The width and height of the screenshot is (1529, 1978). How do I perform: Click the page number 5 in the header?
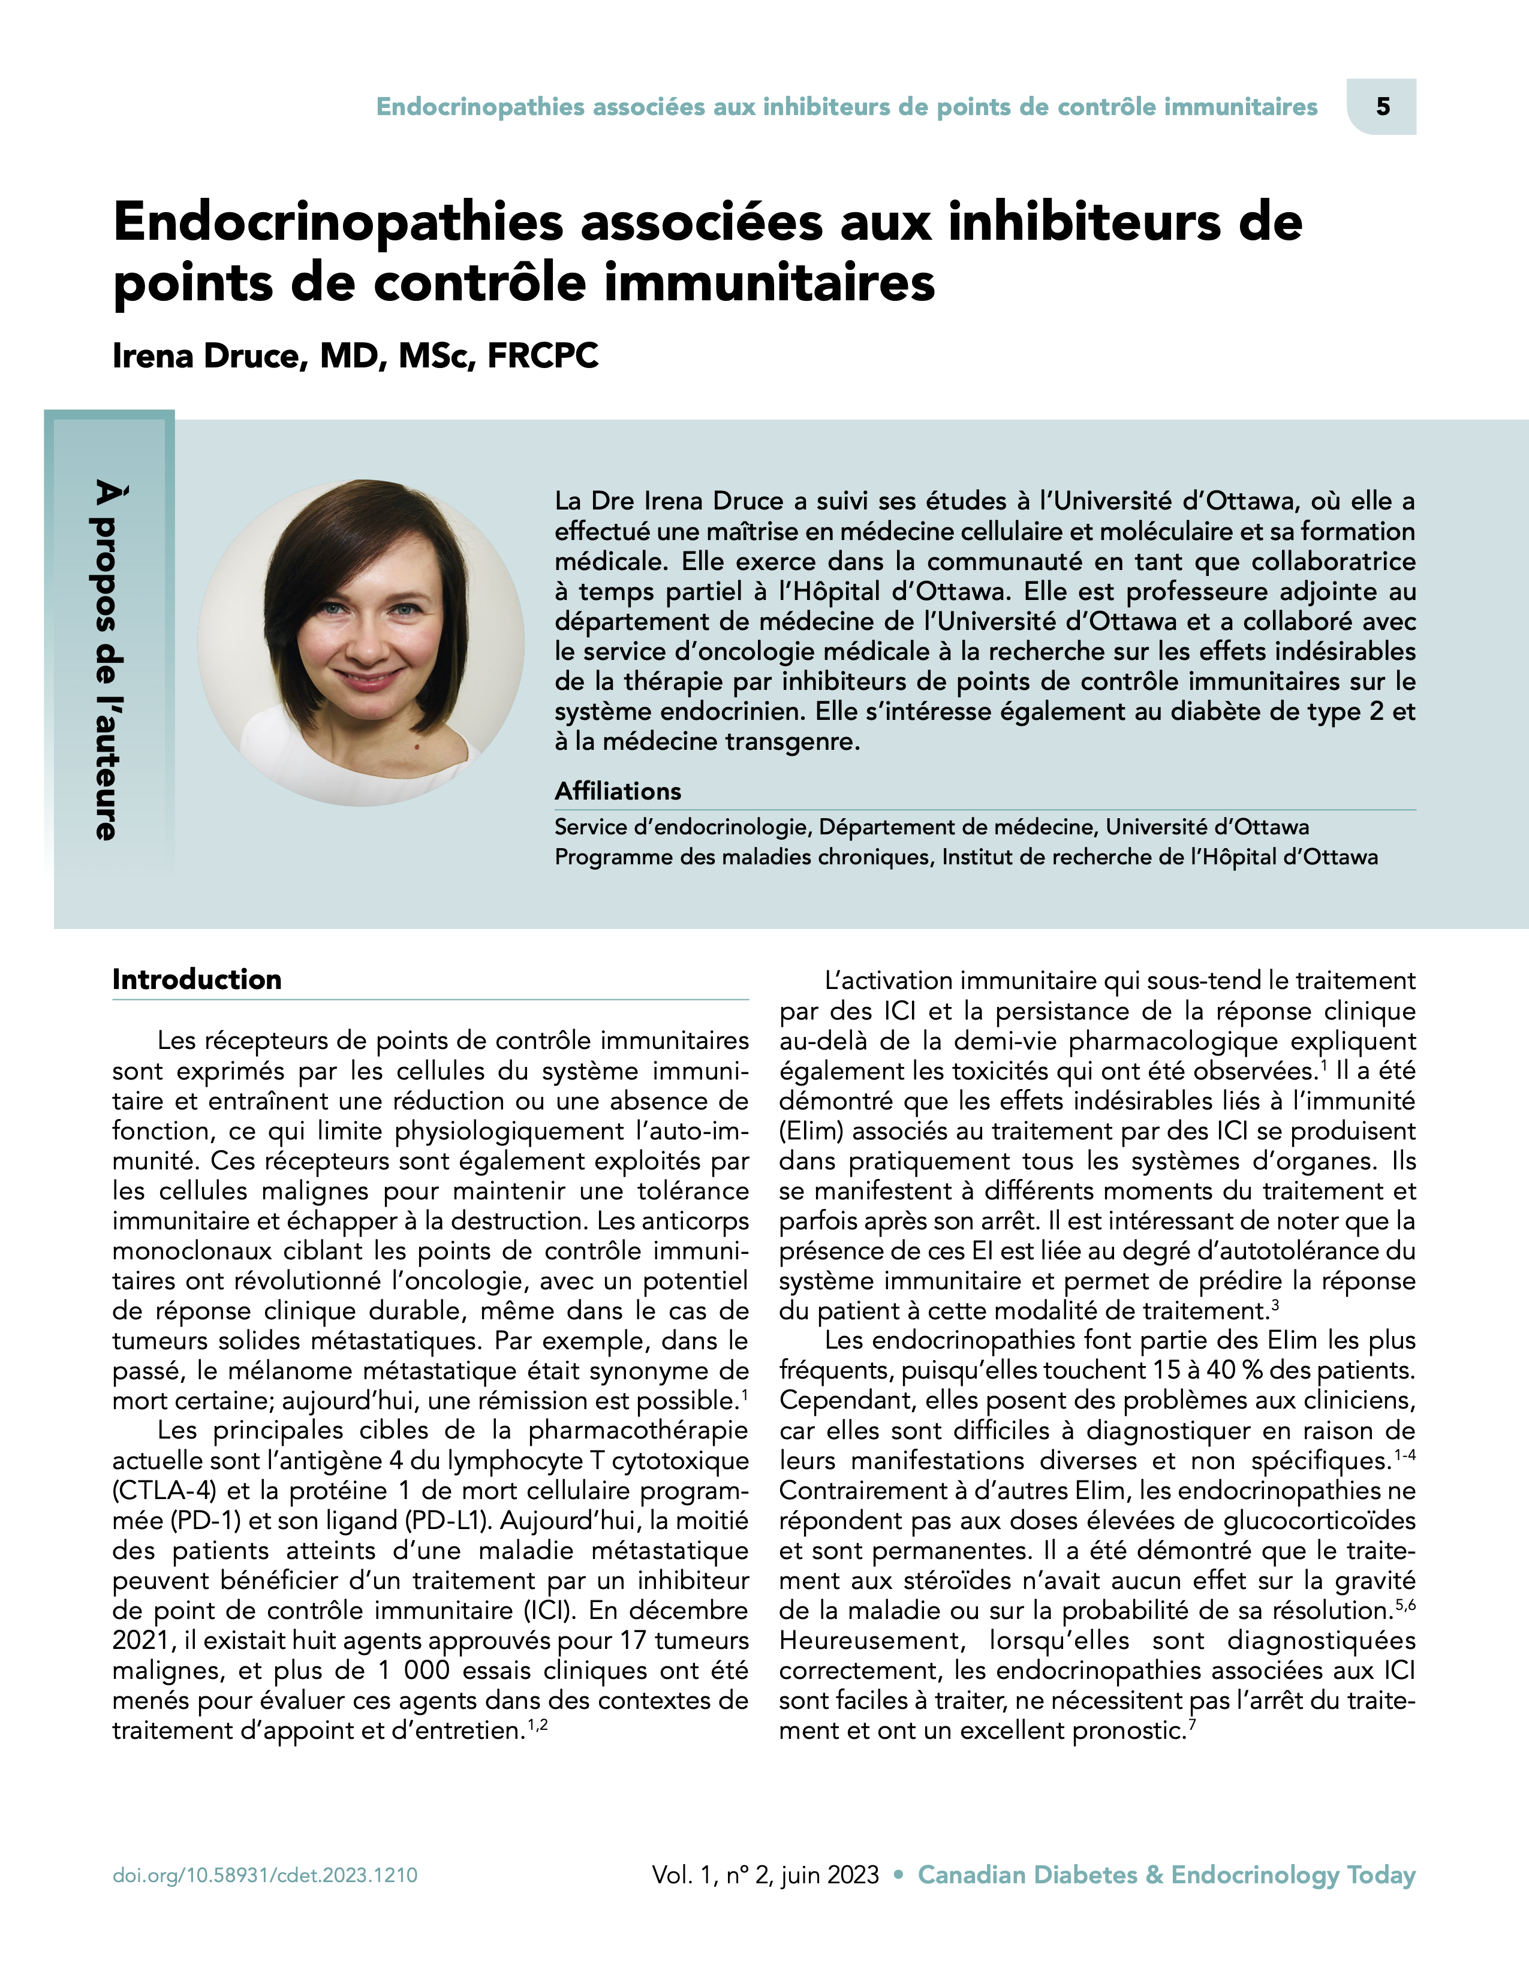[1382, 107]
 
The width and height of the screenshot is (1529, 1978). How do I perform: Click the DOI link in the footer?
[264, 1875]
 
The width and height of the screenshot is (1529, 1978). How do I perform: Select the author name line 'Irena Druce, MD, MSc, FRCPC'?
[355, 356]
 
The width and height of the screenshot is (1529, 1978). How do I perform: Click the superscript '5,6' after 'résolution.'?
[1405, 1606]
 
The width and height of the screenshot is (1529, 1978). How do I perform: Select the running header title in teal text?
[847, 107]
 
